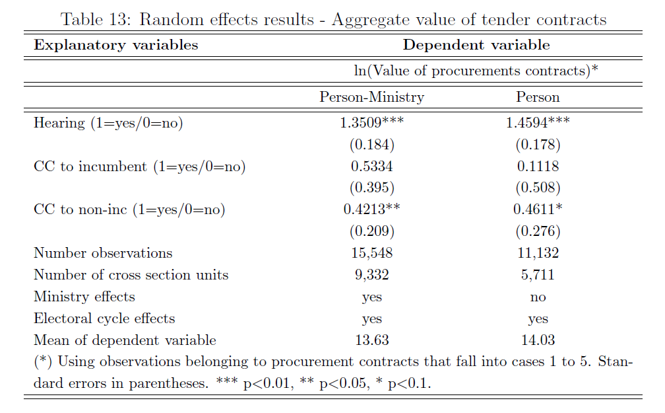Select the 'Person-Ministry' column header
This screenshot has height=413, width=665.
(x=371, y=97)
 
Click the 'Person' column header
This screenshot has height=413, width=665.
(x=538, y=97)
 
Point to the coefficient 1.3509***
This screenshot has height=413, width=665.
(x=371, y=123)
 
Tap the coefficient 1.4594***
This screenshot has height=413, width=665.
(x=538, y=123)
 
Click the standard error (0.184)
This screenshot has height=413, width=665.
(x=371, y=145)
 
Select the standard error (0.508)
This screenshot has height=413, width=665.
(x=538, y=188)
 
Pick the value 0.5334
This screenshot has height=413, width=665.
(x=371, y=167)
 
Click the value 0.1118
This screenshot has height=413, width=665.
(x=538, y=167)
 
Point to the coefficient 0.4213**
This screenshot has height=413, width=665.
(x=371, y=209)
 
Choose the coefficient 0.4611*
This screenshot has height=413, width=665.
(x=538, y=209)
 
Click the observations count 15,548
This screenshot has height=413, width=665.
(x=371, y=253)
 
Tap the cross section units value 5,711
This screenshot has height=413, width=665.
(x=538, y=275)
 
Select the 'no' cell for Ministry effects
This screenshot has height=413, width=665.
(x=538, y=297)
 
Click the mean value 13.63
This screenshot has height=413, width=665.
(x=371, y=340)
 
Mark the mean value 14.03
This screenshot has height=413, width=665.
(x=538, y=340)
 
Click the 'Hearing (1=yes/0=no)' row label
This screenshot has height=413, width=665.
(x=108, y=123)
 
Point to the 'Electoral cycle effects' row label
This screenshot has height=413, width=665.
(x=104, y=319)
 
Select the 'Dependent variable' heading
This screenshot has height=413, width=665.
(x=476, y=45)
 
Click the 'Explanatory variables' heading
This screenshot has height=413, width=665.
(x=115, y=45)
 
